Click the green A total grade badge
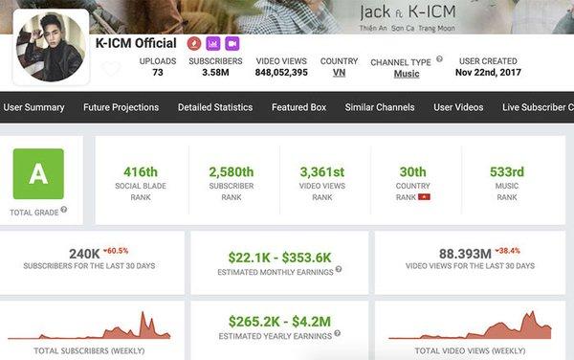(37, 173)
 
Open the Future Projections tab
(121, 107)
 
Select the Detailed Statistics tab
(215, 107)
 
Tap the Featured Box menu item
(298, 107)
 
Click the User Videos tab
(458, 107)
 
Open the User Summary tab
(34, 107)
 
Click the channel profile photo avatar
(49, 45)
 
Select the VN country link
(340, 73)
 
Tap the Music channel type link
(407, 74)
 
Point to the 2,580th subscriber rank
(232, 171)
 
